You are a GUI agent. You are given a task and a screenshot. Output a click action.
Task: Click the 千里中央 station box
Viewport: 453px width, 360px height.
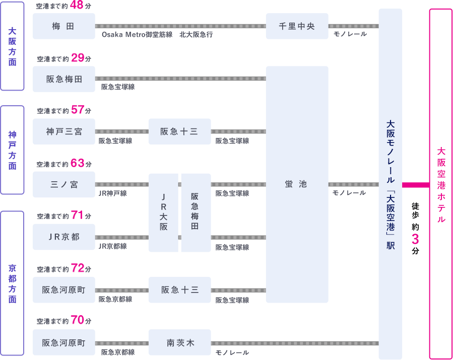click(297, 26)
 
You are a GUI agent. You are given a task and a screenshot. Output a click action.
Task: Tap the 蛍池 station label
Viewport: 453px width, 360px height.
click(296, 184)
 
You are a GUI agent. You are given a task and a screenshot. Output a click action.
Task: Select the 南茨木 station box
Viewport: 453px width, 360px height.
click(180, 342)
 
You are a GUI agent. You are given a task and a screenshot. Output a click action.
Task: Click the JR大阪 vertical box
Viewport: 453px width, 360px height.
click(164, 213)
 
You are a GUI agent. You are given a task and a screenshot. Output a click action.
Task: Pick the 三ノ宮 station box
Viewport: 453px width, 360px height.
click(64, 184)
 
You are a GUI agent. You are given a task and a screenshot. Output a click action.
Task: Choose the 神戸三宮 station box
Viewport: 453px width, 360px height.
click(64, 131)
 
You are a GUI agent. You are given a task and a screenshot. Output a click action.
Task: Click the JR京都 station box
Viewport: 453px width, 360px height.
click(64, 237)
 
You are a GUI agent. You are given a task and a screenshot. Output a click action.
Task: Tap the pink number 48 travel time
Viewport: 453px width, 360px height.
click(77, 5)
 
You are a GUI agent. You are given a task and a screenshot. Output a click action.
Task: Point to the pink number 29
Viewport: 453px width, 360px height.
click(78, 58)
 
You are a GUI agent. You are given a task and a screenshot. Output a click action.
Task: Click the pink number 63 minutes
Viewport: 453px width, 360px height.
click(78, 163)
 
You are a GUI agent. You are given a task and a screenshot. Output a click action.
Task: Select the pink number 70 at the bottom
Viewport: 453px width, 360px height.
click(78, 320)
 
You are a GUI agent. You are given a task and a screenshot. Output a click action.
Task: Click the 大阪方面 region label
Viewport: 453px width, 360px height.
click(12, 46)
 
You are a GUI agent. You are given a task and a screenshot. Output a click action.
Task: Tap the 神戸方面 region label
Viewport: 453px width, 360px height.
click(12, 150)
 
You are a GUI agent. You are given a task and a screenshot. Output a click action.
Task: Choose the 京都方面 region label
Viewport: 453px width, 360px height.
click(12, 283)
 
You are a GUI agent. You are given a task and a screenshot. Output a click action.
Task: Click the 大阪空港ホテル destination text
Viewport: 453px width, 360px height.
click(441, 185)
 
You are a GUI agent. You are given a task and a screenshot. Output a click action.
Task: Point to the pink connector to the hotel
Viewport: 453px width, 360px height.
click(416, 185)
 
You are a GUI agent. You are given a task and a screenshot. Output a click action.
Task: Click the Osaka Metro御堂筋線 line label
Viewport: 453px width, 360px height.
click(137, 35)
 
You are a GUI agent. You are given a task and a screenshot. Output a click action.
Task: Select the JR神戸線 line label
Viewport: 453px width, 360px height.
click(113, 193)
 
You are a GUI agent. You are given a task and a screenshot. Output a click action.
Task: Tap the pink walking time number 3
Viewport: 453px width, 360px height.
click(415, 239)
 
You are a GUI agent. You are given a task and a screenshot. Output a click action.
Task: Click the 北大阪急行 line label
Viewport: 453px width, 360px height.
click(196, 35)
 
